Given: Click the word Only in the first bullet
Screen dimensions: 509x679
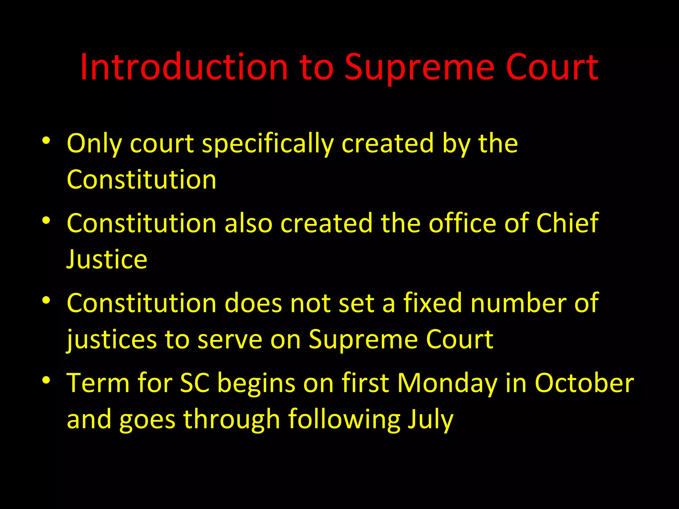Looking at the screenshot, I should coord(94,144).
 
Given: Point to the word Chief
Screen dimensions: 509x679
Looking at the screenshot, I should coord(567,223).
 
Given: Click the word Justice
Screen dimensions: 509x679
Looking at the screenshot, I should coord(107,259).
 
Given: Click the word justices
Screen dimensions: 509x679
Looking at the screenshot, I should coord(112,340).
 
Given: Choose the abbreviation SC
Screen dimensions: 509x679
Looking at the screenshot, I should coord(195,383).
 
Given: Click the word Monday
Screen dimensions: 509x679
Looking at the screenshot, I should coord(447,383).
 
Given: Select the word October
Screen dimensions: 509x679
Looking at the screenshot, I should coord(584,383).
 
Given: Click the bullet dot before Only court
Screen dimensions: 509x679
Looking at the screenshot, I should coord(46,141).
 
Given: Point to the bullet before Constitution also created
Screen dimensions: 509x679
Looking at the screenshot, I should coord(46,220).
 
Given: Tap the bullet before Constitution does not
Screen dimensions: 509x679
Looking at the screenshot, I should coord(46,300).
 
